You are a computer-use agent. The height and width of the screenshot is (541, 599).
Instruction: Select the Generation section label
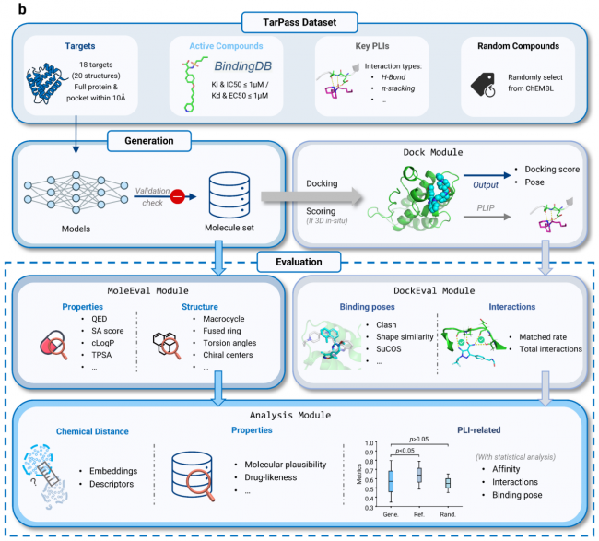pyautogui.click(x=147, y=141)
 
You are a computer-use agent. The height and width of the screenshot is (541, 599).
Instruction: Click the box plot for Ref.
pyautogui.click(x=419, y=474)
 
